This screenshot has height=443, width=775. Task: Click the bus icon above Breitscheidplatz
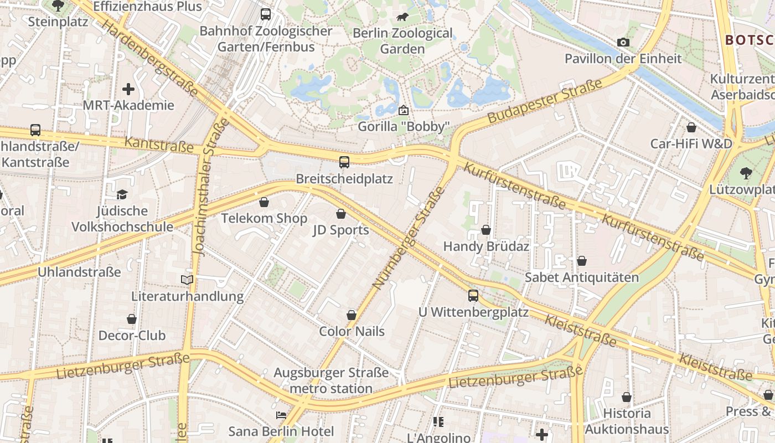click(344, 162)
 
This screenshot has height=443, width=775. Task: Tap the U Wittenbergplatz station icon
click(473, 296)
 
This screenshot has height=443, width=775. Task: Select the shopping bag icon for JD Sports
click(341, 214)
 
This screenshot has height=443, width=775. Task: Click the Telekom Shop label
click(264, 218)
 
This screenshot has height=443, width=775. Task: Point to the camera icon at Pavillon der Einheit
click(623, 43)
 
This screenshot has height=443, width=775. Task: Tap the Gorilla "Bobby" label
click(402, 127)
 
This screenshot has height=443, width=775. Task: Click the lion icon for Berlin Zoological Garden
click(402, 17)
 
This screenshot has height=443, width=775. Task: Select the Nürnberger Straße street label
click(409, 238)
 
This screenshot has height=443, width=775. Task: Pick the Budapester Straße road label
click(545, 101)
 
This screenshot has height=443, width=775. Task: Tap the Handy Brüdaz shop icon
click(486, 230)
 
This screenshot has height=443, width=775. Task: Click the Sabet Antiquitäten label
click(582, 277)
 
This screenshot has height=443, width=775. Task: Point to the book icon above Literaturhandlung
click(188, 280)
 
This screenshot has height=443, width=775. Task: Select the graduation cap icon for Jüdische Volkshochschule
click(122, 194)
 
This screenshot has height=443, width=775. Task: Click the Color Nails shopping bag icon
click(352, 315)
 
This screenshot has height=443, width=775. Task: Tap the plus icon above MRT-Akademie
click(128, 89)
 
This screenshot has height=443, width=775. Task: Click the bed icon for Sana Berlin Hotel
click(281, 415)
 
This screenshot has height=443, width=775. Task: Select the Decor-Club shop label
click(132, 336)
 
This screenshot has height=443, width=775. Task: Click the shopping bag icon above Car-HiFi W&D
click(691, 128)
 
